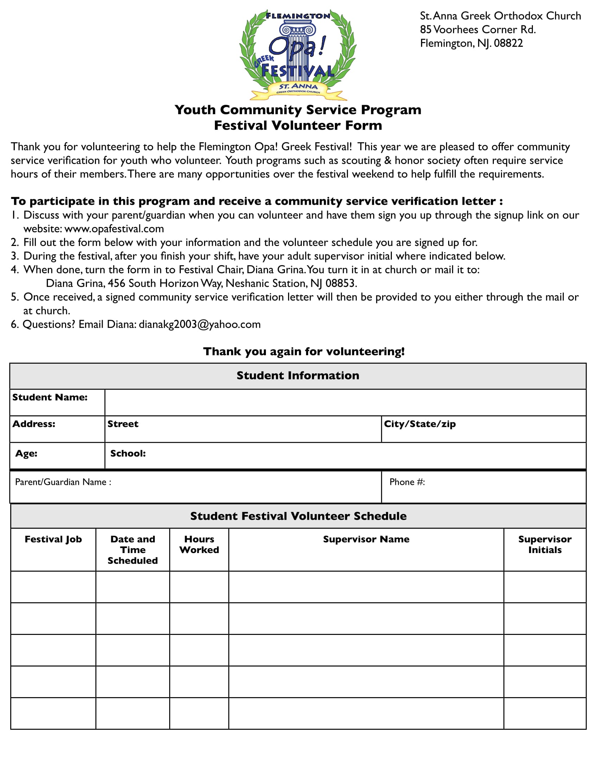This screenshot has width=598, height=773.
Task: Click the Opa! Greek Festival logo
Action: pyautogui.click(x=298, y=55)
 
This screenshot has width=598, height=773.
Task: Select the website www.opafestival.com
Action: pyautogui.click(x=114, y=229)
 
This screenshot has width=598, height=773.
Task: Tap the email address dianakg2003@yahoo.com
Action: pyautogui.click(x=199, y=325)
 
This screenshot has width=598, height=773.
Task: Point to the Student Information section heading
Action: pyautogui.click(x=298, y=376)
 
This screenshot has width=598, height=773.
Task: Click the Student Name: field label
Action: pyautogui.click(x=50, y=397)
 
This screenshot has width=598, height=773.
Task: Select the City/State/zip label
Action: pyautogui.click(x=419, y=424)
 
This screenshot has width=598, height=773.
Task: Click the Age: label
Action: pyautogui.click(x=26, y=453)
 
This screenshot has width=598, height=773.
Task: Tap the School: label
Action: pyautogui.click(x=128, y=453)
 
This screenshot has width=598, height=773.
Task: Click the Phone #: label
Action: pyautogui.click(x=407, y=482)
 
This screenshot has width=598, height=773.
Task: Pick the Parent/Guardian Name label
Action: pyautogui.click(x=63, y=482)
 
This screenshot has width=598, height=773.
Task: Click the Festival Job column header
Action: pyautogui.click(x=53, y=539)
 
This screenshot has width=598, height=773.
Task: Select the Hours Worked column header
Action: pyautogui.click(x=199, y=544)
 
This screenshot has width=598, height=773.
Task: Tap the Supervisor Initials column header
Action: pyautogui.click(x=545, y=544)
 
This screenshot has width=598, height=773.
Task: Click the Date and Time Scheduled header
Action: pyautogui.click(x=133, y=550)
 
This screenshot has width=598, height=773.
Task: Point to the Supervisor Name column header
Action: pyautogui.click(x=366, y=539)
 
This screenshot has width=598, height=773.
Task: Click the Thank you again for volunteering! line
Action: pyautogui.click(x=304, y=351)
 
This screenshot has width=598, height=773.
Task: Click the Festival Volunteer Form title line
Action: pyautogui.click(x=298, y=126)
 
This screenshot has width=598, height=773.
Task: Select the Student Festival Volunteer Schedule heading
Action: pyautogui.click(x=298, y=516)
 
